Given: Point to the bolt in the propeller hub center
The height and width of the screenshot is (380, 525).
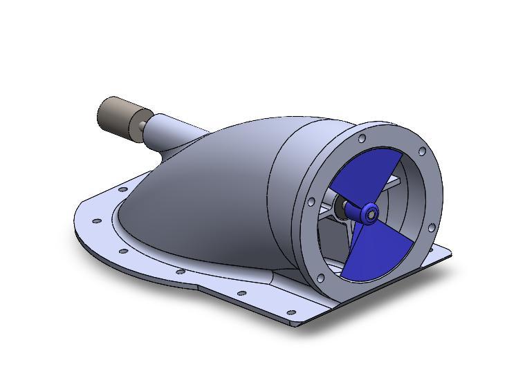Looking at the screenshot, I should (x=372, y=214).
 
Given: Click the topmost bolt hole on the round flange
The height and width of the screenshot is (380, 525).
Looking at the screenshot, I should (x=362, y=139).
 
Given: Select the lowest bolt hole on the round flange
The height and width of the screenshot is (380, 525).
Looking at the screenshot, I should (x=320, y=278).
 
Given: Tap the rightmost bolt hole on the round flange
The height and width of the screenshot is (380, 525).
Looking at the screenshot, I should (x=432, y=227).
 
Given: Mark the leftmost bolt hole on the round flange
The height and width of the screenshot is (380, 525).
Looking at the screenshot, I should (x=311, y=202).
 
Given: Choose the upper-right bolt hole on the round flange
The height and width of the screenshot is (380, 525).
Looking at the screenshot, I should (x=421, y=151).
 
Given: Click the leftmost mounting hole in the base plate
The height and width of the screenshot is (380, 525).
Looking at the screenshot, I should (x=97, y=221).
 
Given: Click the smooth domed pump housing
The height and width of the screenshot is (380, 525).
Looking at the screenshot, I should (x=201, y=193).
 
